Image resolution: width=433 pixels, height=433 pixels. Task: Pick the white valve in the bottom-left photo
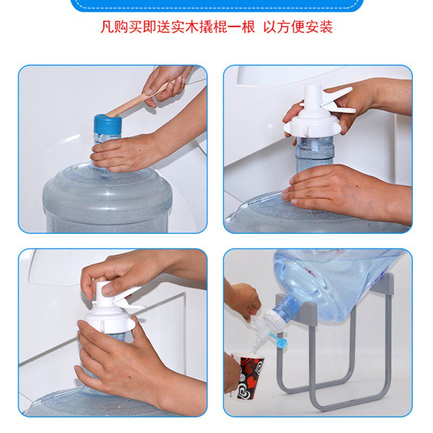111,314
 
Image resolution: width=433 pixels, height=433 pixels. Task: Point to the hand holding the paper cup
231,373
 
